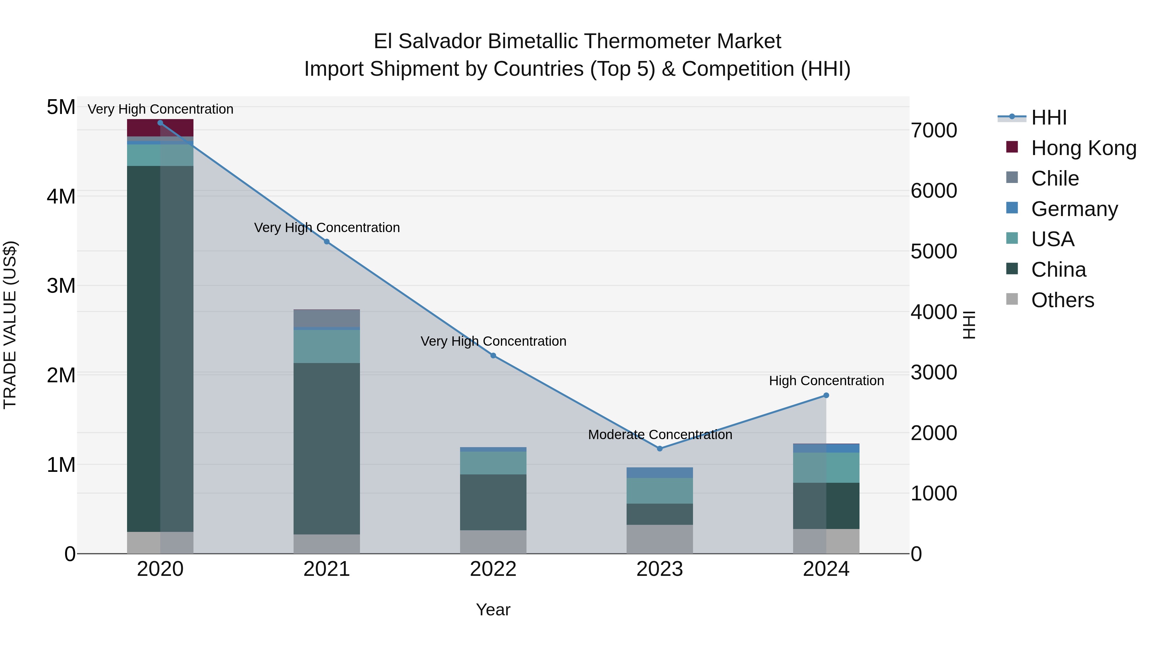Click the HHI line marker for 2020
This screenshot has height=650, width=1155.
[160, 123]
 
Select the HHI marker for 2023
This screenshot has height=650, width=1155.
[660, 449]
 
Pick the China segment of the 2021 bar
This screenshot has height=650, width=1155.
[326, 449]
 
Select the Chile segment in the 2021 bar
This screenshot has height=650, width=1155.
[326, 318]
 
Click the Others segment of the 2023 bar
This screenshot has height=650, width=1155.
[660, 539]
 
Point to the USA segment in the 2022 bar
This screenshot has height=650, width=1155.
[493, 463]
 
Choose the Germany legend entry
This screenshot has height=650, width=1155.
[1074, 209]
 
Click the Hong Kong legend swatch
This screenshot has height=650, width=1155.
[1012, 147]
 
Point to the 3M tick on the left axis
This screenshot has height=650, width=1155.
[61, 286]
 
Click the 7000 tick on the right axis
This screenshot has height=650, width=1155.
[934, 131]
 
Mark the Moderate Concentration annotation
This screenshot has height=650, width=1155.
[660, 435]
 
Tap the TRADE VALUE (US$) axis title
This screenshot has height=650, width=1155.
[10, 325]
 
